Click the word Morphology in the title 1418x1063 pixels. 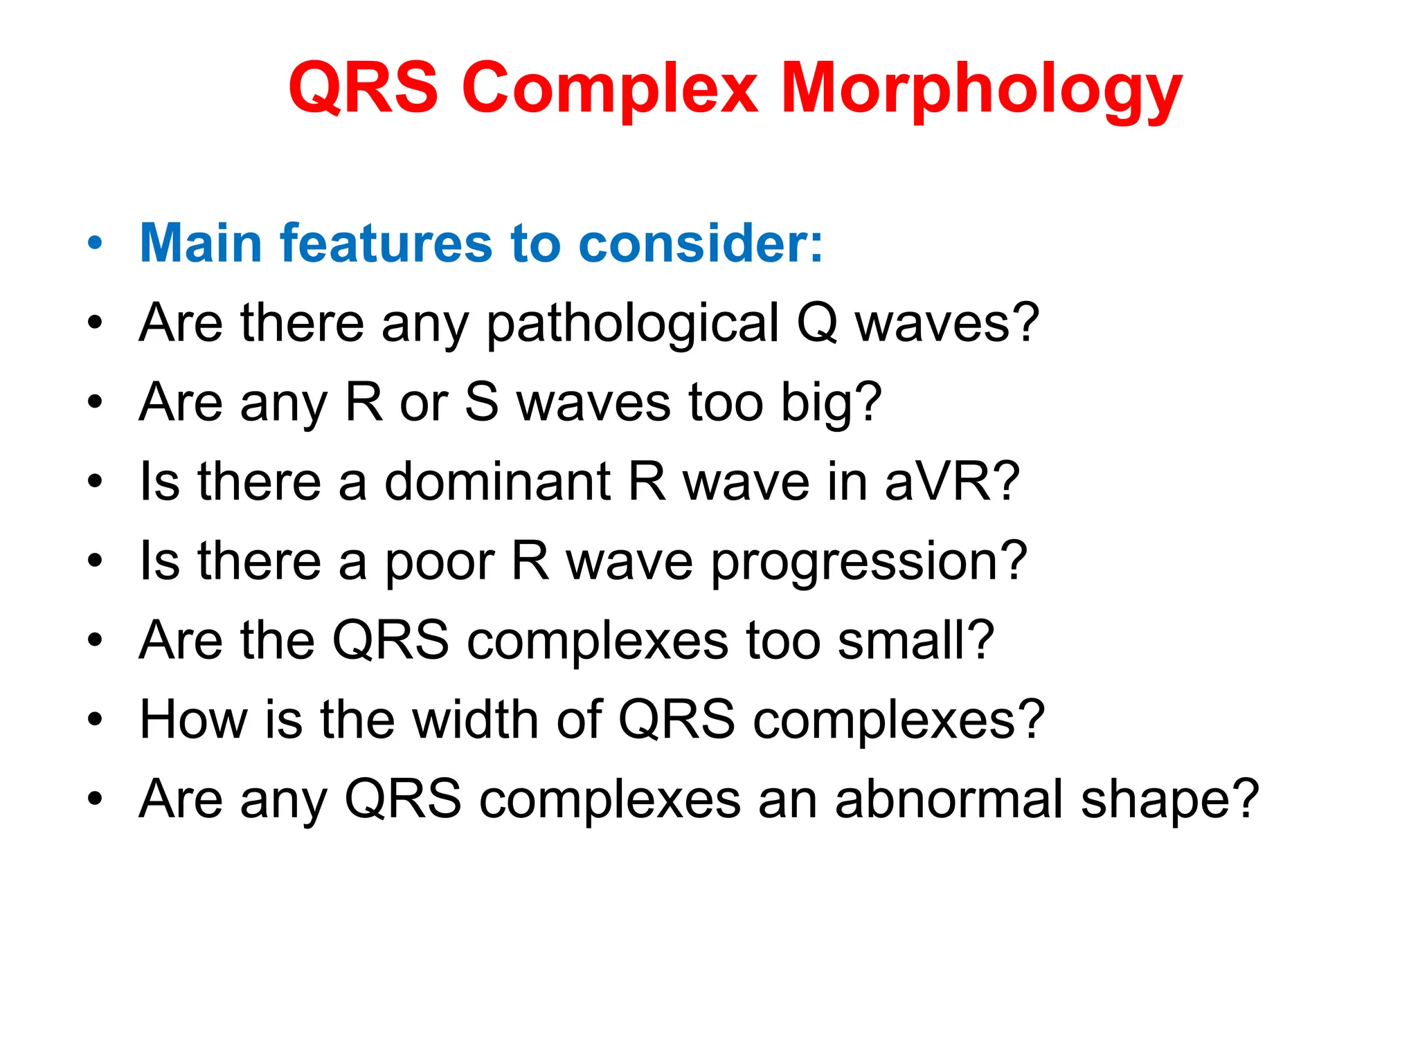(x=981, y=90)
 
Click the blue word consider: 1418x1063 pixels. (x=701, y=243)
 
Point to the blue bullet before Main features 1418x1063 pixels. (x=95, y=244)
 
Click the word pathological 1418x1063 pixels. (x=633, y=324)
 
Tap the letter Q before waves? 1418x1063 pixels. (x=817, y=322)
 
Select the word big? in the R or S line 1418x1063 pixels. (x=831, y=403)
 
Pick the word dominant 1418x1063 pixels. (x=497, y=482)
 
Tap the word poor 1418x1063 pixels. (x=439, y=562)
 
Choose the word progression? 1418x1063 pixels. (x=869, y=562)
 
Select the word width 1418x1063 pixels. (x=476, y=720)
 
